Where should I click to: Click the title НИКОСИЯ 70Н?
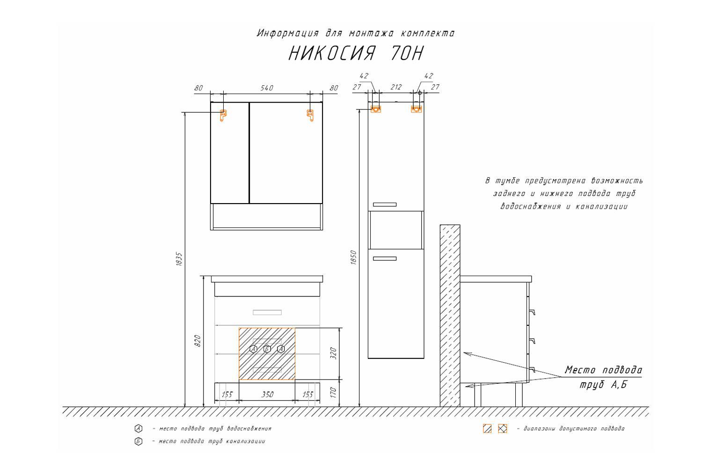[x=356, y=53]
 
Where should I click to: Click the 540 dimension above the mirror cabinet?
[x=267, y=88]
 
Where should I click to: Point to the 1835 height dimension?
[x=179, y=259]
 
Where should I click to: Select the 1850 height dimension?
[x=353, y=257]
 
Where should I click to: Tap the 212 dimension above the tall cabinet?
[x=396, y=87]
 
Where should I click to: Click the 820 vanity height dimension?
[x=197, y=341]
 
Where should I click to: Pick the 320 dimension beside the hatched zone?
[x=333, y=353]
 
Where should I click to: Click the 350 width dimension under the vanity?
[x=267, y=395]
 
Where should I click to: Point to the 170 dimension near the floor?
[x=333, y=393]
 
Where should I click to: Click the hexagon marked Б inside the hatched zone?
[x=267, y=349]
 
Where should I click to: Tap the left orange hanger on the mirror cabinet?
[x=223, y=115]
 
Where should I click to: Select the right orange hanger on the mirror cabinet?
[x=310, y=115]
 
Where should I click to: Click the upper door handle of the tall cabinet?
[x=385, y=205]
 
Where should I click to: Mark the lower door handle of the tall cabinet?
[x=385, y=259]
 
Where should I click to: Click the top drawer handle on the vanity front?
[x=267, y=312]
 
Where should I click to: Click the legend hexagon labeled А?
[x=139, y=429]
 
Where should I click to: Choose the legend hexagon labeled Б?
[x=139, y=441]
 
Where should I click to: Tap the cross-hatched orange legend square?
[x=502, y=429]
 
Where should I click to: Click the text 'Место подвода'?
[x=603, y=370]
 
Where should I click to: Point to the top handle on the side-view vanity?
[x=532, y=312]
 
